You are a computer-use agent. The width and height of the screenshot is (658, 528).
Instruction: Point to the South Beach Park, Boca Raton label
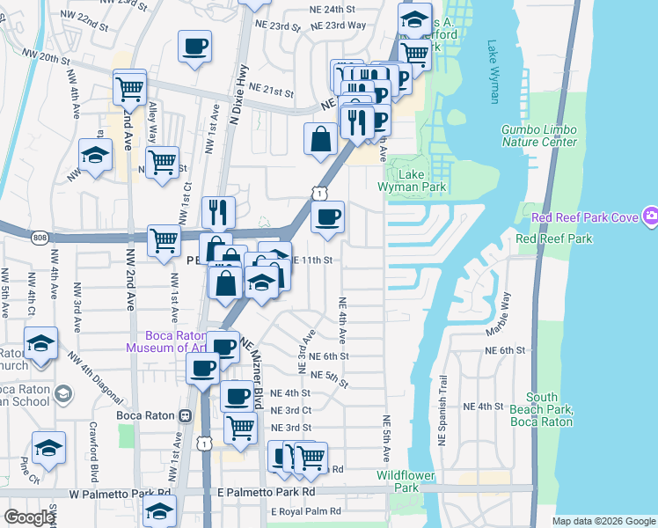click(551, 409)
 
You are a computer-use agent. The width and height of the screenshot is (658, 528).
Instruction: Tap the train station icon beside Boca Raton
click(185, 415)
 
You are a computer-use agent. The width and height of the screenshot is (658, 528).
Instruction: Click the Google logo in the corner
click(29, 517)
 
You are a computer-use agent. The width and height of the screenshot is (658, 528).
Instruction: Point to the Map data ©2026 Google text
click(603, 521)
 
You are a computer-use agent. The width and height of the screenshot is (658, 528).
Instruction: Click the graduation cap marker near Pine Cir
click(48, 448)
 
